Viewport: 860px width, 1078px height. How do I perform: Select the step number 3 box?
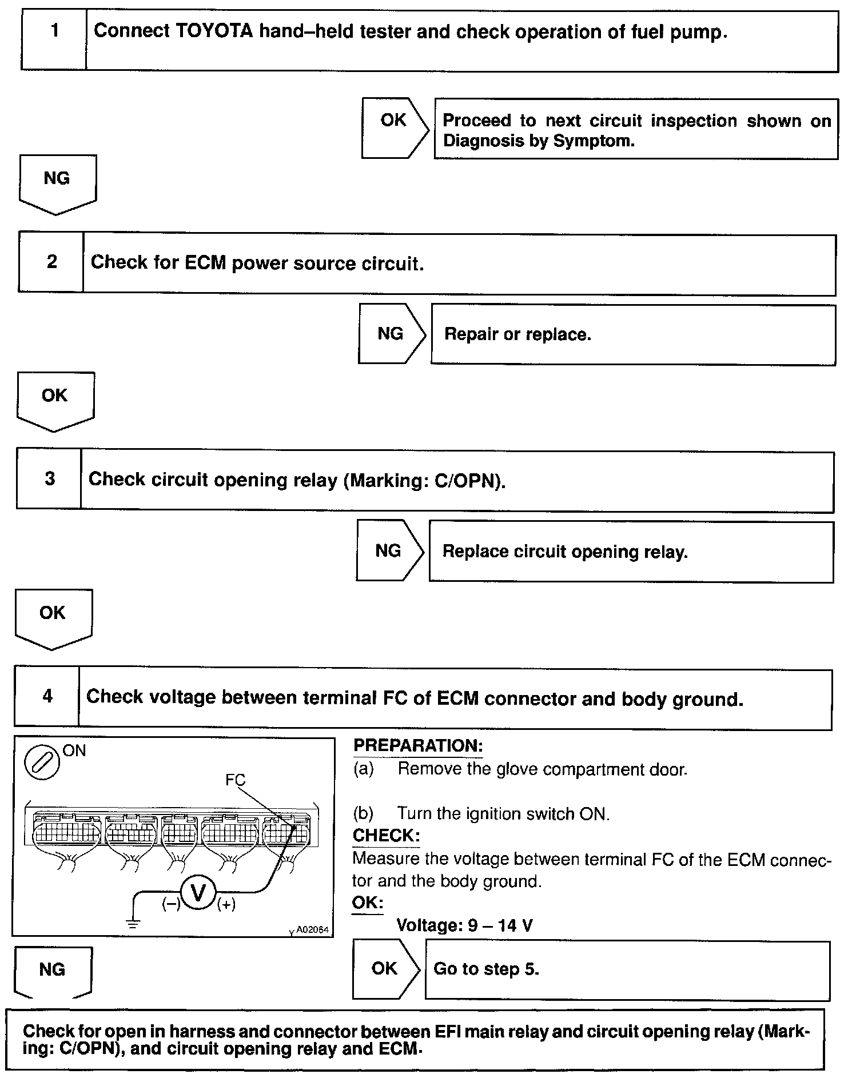coord(50,478)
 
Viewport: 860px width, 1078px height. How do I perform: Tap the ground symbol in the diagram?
coord(133,922)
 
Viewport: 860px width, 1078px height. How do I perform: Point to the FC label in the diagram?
coord(235,780)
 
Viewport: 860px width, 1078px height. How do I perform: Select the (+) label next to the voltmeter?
coord(226,904)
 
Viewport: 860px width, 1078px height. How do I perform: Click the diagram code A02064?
coord(312,929)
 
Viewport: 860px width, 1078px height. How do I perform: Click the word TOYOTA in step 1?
coord(213,31)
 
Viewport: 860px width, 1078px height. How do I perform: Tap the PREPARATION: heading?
coord(418,745)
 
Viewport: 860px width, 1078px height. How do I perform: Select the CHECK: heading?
coord(386,835)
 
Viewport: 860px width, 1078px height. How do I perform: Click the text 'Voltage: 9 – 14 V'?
coord(464,925)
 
